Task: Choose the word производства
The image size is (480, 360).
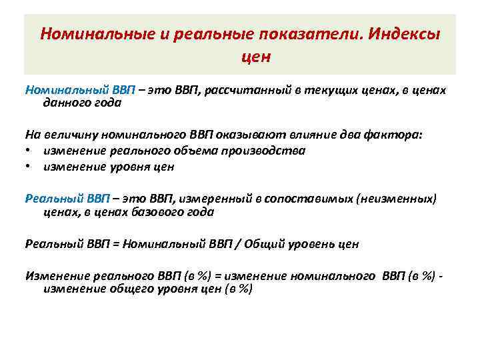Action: [x=264, y=151]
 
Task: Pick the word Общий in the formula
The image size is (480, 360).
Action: [x=263, y=244]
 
